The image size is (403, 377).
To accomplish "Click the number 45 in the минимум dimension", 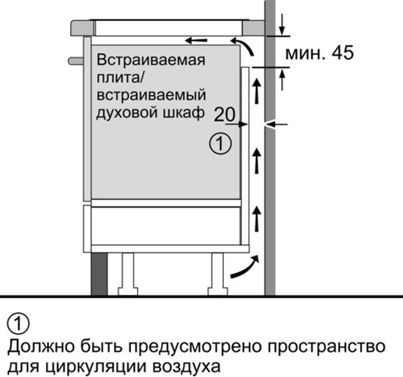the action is [x=342, y=53].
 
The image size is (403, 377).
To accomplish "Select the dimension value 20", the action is [x=224, y=115].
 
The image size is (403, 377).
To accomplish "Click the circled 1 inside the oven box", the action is [x=221, y=143].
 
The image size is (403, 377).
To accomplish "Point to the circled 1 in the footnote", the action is [x=18, y=324].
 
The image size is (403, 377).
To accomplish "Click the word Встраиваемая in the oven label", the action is [x=151, y=61].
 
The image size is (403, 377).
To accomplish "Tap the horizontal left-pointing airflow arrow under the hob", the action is [x=196, y=41].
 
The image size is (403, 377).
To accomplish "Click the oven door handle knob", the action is [x=76, y=61].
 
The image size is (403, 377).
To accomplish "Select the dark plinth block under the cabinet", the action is [x=99, y=274].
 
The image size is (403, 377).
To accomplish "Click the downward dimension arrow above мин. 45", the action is [x=282, y=24].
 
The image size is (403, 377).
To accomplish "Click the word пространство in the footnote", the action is [x=327, y=347].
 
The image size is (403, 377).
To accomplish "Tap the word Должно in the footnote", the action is [x=41, y=346].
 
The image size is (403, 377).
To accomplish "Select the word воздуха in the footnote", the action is [x=187, y=366].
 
